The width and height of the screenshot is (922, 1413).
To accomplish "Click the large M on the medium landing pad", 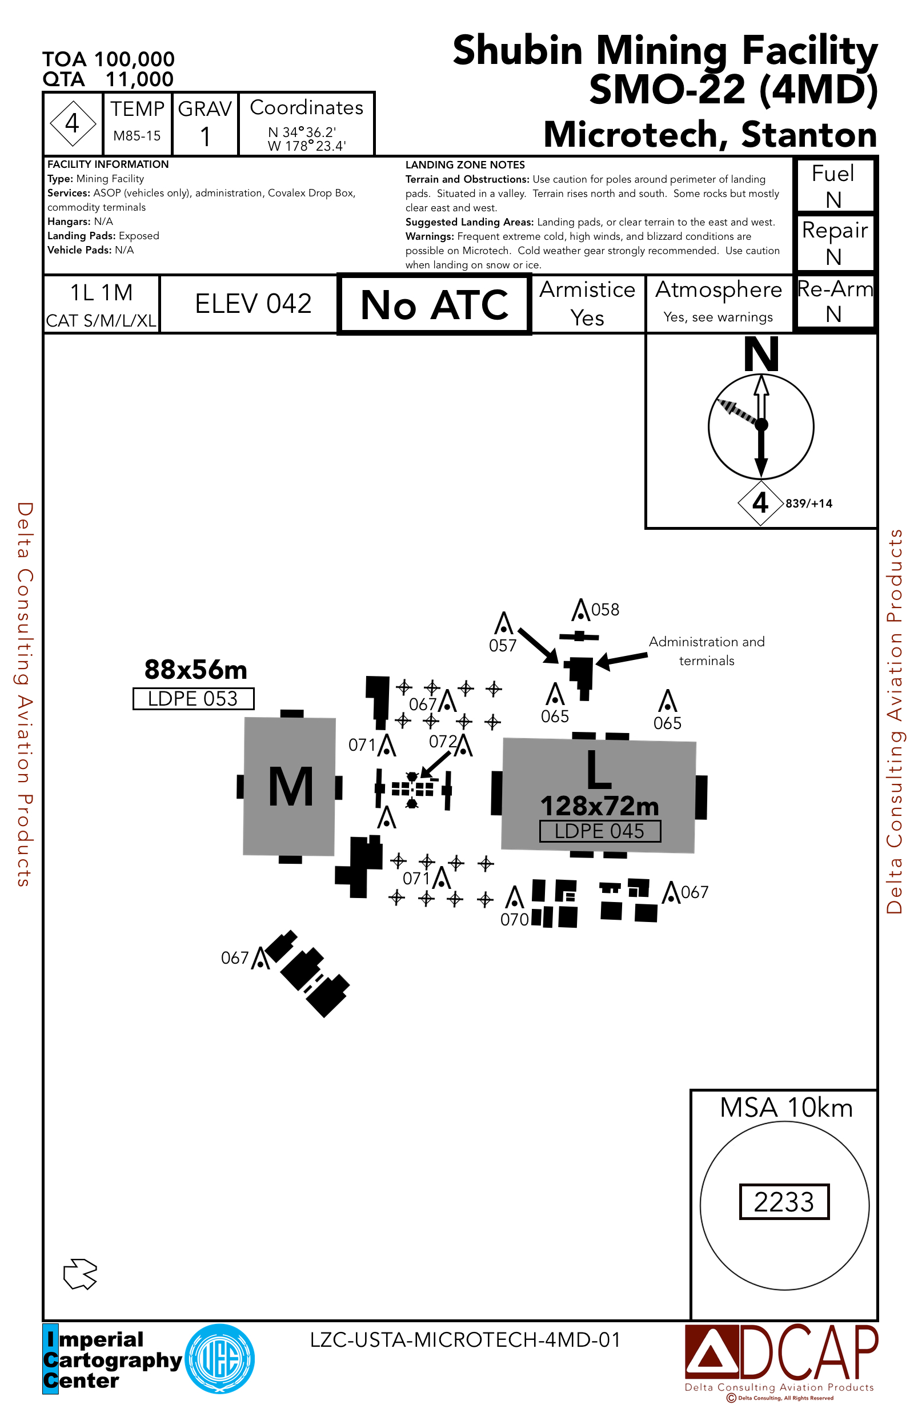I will (291, 786).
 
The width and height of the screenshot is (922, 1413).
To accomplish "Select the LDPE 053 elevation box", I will (193, 699).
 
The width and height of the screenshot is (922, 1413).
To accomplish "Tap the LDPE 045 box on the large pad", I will (599, 831).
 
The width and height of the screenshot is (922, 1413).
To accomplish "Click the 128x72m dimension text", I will (599, 806).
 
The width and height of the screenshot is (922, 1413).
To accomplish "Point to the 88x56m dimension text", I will (195, 670).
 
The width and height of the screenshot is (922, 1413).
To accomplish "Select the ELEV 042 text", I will (253, 304).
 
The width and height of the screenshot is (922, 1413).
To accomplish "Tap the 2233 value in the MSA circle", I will (784, 1202).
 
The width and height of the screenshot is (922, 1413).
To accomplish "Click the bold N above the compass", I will (761, 355).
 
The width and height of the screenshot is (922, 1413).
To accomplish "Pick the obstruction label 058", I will (606, 610).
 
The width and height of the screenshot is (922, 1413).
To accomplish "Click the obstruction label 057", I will (503, 646).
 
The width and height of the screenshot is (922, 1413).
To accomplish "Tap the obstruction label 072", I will (443, 742).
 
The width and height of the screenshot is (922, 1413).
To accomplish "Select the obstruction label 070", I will (515, 920).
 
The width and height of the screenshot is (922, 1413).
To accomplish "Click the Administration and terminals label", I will (706, 651).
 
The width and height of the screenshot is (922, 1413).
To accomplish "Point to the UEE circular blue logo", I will (220, 1359).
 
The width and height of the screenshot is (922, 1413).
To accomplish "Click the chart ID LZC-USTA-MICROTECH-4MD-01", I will (465, 1340).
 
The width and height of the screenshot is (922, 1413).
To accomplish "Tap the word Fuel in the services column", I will (833, 174).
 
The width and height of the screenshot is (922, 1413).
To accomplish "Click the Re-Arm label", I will (835, 289).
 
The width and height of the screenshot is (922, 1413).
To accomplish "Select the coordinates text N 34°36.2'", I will (302, 132).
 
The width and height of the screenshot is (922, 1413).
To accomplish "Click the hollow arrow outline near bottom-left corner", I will (80, 1274).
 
